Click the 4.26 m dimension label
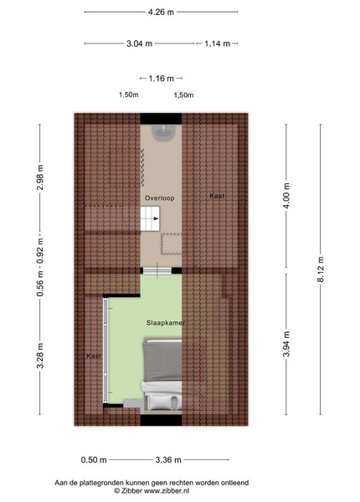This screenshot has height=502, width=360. click(161, 13)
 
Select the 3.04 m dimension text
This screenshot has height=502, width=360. click(139, 44)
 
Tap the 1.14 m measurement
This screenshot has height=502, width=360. click(217, 44)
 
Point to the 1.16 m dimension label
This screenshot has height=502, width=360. click(161, 79)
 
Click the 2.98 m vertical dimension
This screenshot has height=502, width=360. click(40, 177)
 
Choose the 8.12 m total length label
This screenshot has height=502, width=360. click(321, 269)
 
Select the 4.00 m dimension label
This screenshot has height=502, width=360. click(286, 196)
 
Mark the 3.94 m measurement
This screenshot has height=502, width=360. click(286, 344)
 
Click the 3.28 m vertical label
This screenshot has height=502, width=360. click(40, 356)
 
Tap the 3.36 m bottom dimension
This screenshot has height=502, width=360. click(168, 460)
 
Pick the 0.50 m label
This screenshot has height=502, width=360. click(94, 460)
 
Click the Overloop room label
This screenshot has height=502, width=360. click(160, 198)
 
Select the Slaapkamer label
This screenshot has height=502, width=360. click(166, 323)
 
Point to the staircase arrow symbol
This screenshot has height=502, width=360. click(156, 218)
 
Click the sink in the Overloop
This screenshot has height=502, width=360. click(163, 132)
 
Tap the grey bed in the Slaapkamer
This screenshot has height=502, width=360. click(162, 374)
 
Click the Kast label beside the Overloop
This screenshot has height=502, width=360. click(217, 196)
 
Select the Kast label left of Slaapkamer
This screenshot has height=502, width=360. click(94, 356)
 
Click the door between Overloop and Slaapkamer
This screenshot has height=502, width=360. click(157, 271)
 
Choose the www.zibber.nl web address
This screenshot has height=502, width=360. click(167, 490)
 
